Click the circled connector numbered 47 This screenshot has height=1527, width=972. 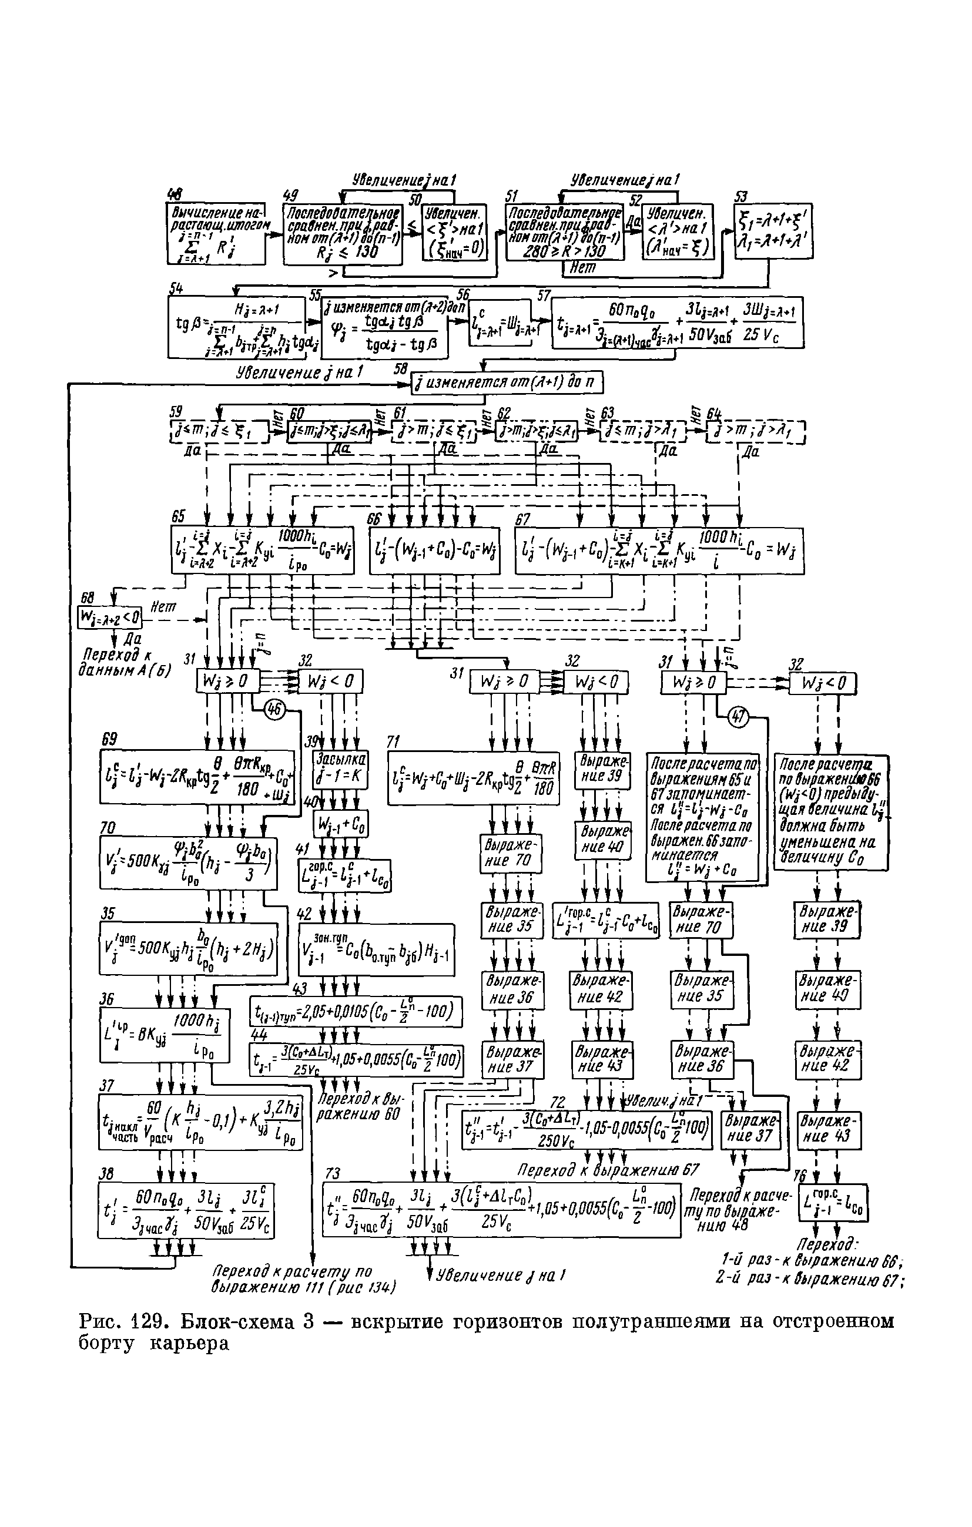click(739, 717)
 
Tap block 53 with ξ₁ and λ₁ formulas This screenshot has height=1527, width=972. click(773, 231)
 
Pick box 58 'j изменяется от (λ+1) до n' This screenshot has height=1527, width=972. click(507, 383)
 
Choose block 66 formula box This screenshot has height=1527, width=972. click(435, 551)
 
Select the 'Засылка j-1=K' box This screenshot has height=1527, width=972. click(341, 770)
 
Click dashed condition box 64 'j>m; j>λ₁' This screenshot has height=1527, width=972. click(755, 434)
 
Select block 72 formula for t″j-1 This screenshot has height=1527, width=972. click(587, 1130)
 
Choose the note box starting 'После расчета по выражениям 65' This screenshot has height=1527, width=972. click(702, 817)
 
